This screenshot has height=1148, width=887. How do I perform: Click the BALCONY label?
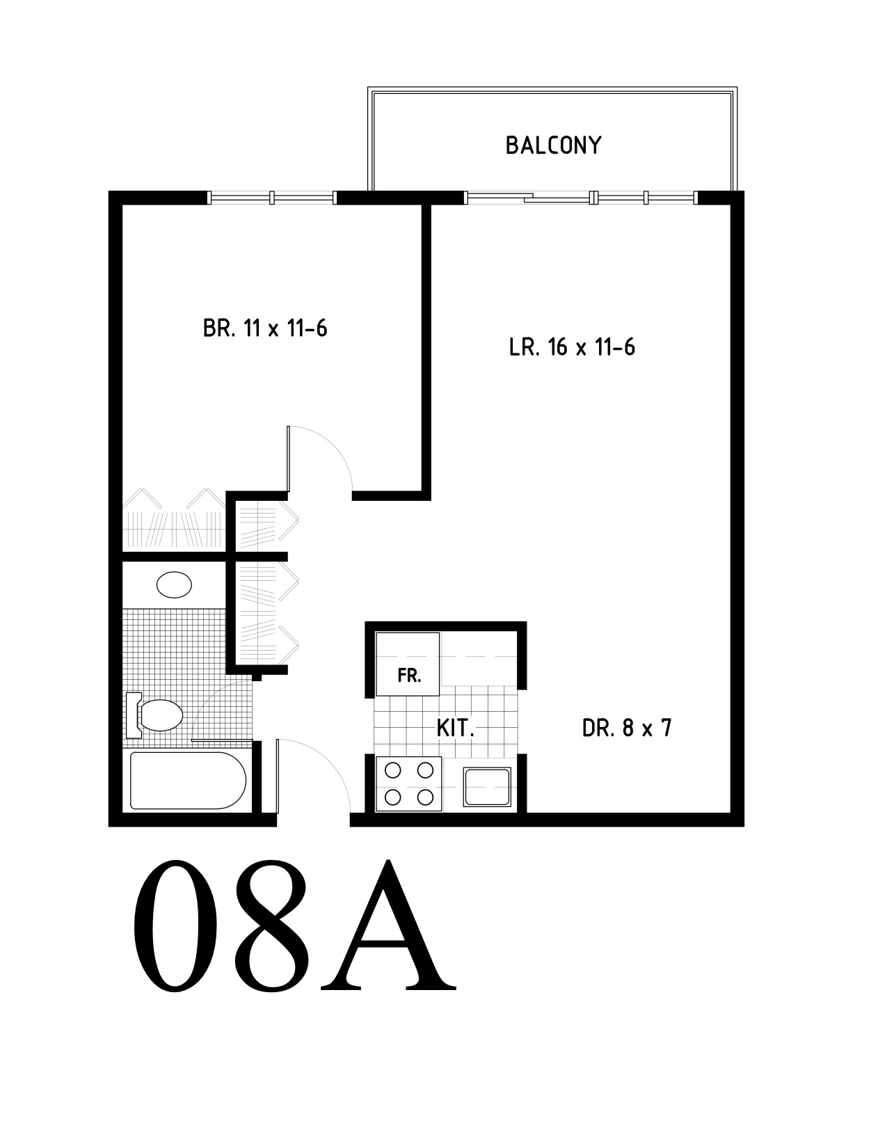click(x=553, y=145)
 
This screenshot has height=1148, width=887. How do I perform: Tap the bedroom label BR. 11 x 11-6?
click(x=265, y=328)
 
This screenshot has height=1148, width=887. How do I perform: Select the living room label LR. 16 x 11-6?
click(x=572, y=348)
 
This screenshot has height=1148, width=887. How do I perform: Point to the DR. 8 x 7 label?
click(x=627, y=728)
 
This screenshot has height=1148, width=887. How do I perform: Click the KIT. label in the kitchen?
click(x=455, y=729)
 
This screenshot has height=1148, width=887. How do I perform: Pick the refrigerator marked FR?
click(x=407, y=664)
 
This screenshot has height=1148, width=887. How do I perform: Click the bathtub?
click(x=188, y=781)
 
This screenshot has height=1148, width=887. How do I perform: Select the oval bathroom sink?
click(x=174, y=585)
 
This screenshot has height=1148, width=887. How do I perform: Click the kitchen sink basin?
click(x=487, y=787)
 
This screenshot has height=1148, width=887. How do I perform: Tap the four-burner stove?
click(x=409, y=783)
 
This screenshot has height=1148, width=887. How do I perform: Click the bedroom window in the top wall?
click(x=272, y=198)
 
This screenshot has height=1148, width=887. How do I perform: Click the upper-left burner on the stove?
click(x=392, y=771)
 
